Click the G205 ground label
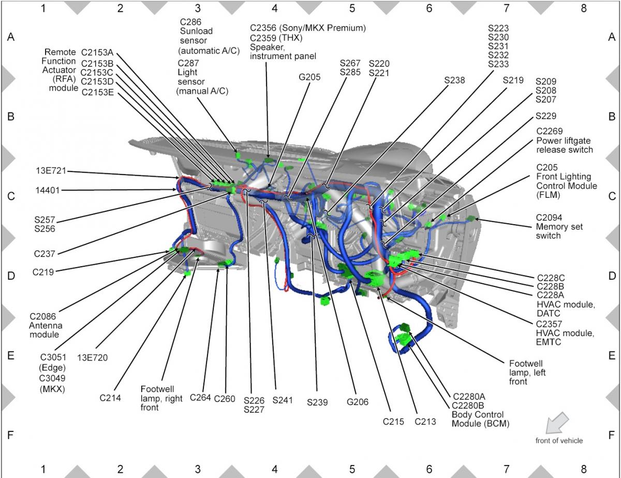pos(309,77)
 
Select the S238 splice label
pos(454,80)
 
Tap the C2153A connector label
pos(97,53)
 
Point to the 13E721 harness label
pos(51,171)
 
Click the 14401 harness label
pos(48,191)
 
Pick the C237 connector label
pos(45,254)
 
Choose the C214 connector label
pos(110,398)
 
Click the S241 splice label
pos(283,400)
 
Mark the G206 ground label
pos(358,402)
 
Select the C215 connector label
pos(393,422)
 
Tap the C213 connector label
pos(425,422)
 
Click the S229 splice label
pos(546,116)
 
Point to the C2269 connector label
pos(549,131)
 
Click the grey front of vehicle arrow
pos(557,423)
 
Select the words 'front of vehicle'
pos(559,441)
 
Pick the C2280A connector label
pos(469,397)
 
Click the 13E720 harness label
pos(92,358)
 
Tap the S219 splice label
pos(513,80)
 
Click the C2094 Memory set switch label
pos(559,227)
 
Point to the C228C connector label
pos(551,278)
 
